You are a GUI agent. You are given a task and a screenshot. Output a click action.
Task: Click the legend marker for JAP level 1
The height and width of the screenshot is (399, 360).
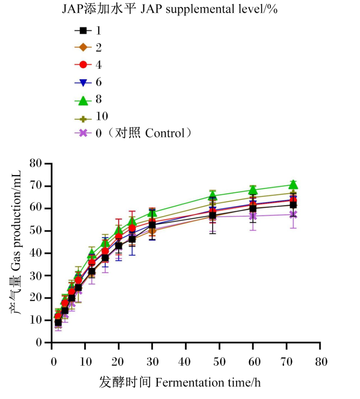pyautogui.click(x=83, y=31)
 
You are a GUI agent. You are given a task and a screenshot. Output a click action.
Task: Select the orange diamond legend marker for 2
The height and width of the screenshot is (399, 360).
pyautogui.click(x=83, y=47)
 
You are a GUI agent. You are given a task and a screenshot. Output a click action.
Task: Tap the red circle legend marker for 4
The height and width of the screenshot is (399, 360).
pyautogui.click(x=83, y=65)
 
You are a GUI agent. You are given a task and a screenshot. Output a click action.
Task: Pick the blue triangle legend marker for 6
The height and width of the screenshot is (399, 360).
pyautogui.click(x=83, y=83)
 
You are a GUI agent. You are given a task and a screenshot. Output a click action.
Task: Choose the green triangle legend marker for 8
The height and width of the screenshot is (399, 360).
pyautogui.click(x=83, y=100)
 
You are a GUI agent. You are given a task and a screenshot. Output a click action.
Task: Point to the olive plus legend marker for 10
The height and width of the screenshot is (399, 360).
pyautogui.click(x=83, y=119)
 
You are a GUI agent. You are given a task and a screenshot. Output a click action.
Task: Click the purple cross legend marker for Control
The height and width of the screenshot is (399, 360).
pyautogui.click(x=83, y=133)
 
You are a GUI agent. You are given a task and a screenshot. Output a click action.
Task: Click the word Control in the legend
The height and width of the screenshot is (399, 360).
pyautogui.click(x=164, y=133)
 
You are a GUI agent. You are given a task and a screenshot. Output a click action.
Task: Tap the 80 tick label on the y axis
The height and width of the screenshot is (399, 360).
pyautogui.click(x=35, y=163)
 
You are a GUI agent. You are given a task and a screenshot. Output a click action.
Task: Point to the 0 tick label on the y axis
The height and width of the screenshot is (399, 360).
pyautogui.click(x=39, y=342)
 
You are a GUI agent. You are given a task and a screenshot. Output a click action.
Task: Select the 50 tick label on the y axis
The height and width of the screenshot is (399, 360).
pyautogui.click(x=35, y=231)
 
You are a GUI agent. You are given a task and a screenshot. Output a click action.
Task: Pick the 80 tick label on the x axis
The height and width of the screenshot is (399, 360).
pyautogui.click(x=321, y=361)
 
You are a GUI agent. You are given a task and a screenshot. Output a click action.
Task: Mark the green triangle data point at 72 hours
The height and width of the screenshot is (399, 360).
pyautogui.click(x=293, y=184)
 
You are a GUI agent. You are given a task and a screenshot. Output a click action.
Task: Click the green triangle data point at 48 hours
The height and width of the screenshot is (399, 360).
pyautogui.click(x=213, y=195)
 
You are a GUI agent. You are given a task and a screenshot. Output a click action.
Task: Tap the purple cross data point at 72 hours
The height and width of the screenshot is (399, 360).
pyautogui.click(x=293, y=214)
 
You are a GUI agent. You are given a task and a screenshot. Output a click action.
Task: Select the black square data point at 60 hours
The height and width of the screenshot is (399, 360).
pyautogui.click(x=253, y=209)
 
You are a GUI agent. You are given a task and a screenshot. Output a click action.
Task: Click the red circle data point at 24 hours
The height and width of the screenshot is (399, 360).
pyautogui.click(x=132, y=228)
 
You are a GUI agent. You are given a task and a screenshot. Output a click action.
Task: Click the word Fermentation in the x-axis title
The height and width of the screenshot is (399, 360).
pyautogui.click(x=189, y=382)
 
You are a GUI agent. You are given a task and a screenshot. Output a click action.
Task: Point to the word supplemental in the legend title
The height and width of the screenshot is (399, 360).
pyautogui.click(x=199, y=9)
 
